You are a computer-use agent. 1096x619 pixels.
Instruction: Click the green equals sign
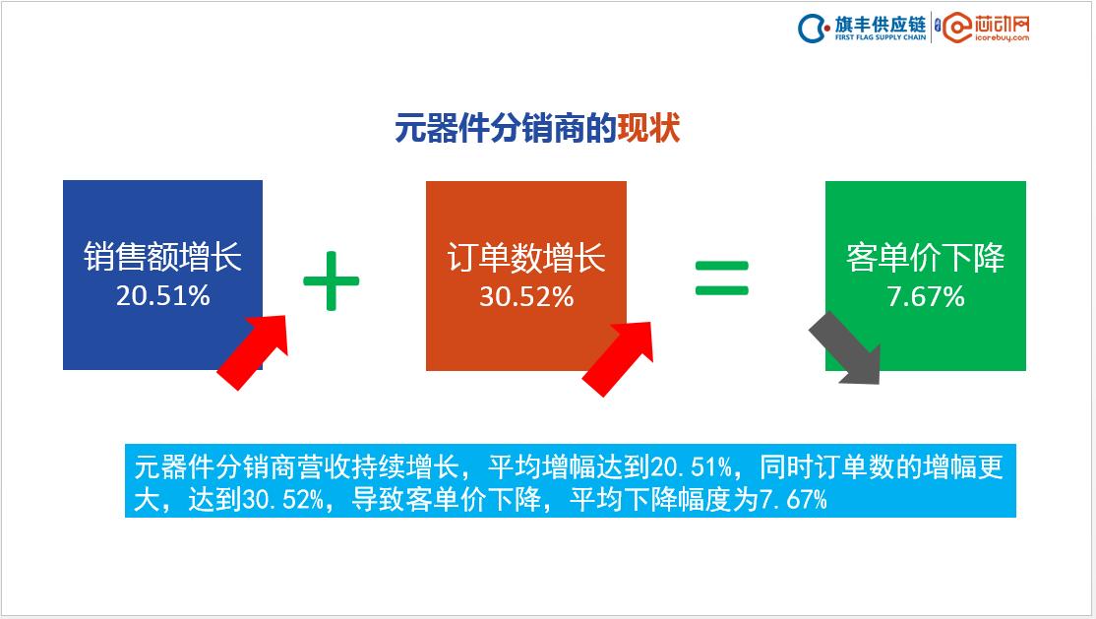tap(722, 278)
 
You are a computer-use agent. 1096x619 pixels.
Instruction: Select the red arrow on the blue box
tap(253, 351)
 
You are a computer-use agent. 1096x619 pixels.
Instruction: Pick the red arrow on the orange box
tap(619, 356)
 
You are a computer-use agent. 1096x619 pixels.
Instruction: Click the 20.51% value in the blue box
tap(162, 295)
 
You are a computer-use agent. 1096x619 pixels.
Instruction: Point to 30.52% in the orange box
tap(525, 296)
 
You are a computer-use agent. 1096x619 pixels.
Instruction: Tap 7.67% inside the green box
tap(925, 296)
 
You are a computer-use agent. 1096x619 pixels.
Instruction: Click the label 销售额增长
tap(162, 258)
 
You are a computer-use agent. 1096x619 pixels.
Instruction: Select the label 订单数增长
tap(525, 258)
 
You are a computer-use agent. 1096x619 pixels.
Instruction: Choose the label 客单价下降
tap(925, 258)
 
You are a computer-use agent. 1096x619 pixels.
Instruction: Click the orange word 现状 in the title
tap(648, 129)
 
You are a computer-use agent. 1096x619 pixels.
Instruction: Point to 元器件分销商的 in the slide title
tap(506, 129)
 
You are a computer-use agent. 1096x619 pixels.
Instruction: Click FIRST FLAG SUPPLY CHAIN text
tap(880, 38)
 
